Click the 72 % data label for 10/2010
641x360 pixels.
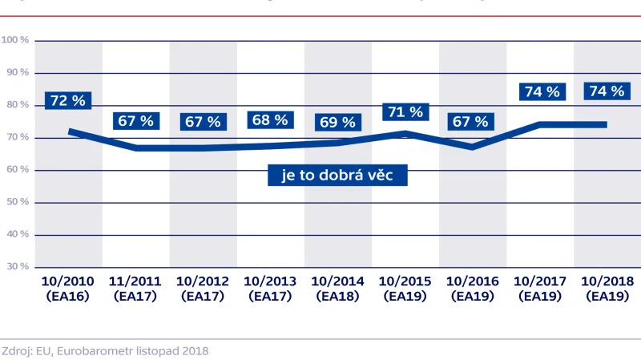tap(68, 101)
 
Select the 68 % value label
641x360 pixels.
tap(270, 120)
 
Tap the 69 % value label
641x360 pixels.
tap(337, 123)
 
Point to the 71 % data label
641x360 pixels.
tap(405, 111)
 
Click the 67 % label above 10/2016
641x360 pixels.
tap(471, 122)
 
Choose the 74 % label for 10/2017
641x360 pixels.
tap(542, 91)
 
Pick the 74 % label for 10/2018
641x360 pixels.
tap(607, 91)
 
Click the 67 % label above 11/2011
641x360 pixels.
tap(135, 122)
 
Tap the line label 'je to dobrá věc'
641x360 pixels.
tap(337, 175)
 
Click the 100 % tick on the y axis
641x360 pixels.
tap(15, 40)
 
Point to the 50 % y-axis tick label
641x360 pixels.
tap(15, 202)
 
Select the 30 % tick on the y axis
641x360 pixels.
tap(15, 266)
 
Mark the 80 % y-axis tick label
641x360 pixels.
tap(15, 105)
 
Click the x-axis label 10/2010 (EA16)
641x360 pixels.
tap(68, 289)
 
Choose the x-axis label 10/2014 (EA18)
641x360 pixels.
tap(337, 289)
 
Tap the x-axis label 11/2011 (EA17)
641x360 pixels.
tap(135, 289)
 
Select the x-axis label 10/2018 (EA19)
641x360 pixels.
tap(607, 289)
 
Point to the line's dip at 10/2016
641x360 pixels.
tap(472, 147)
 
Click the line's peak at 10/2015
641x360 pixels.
tap(405, 134)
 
